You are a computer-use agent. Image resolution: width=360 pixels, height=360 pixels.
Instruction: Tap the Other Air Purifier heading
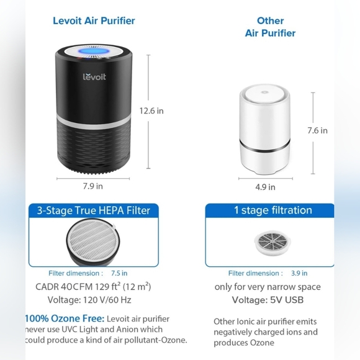[x=270, y=27]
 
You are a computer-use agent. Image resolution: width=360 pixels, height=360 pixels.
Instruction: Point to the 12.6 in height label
[x=151, y=111]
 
